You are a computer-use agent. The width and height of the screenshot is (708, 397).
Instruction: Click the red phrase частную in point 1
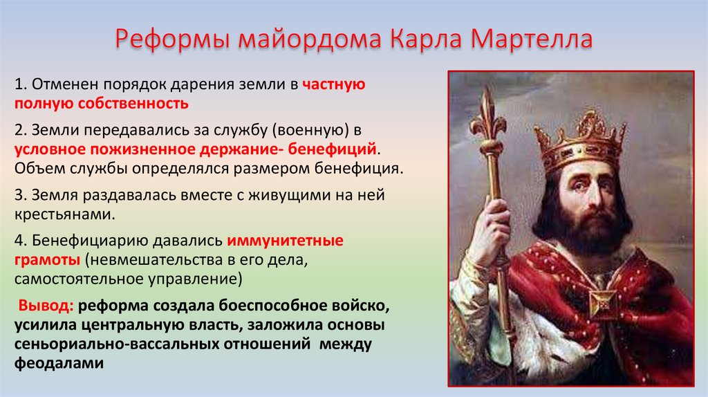click(x=333, y=85)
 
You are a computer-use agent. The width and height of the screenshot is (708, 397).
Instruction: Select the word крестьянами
click(x=63, y=214)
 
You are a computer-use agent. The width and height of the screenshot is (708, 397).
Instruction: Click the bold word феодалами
click(x=58, y=362)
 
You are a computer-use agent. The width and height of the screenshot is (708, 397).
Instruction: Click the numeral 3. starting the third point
click(x=19, y=196)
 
